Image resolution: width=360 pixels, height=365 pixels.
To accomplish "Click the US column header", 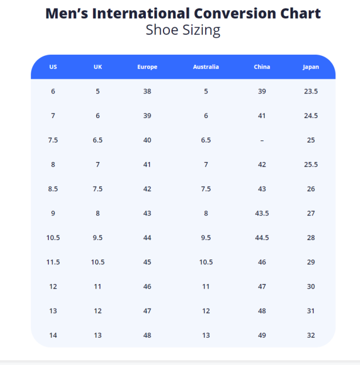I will pos(53,67).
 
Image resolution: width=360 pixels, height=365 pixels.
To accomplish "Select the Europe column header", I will pos(147,67).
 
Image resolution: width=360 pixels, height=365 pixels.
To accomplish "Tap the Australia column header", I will pos(206,67).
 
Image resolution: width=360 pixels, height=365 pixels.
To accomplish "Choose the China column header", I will pos(262,67).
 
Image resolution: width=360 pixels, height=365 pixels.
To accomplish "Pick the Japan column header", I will pos(310,67).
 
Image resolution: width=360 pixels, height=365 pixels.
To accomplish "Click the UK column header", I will pos(98,67).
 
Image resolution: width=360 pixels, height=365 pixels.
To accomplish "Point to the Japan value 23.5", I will pos(310,91).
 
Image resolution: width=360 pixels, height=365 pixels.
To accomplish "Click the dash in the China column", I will pos(262,140).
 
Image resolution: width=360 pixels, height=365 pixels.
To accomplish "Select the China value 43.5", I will pos(262,213).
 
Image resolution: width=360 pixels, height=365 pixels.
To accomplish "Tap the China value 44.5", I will pos(262,238).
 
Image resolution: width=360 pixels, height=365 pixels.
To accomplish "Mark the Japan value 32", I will pos(310,335).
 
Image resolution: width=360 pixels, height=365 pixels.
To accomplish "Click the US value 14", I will pos(53,335).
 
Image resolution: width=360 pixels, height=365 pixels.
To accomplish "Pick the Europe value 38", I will pos(147,91).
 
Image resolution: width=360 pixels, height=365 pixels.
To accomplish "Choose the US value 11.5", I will pos(53,262).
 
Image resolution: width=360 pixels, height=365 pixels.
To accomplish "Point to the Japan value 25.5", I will pos(310,165).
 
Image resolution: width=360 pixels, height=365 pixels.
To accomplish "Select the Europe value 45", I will pos(147,262).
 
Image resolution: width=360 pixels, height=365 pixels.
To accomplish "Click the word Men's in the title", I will pos(69,13).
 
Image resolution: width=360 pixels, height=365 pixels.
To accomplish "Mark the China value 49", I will pos(262,335).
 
